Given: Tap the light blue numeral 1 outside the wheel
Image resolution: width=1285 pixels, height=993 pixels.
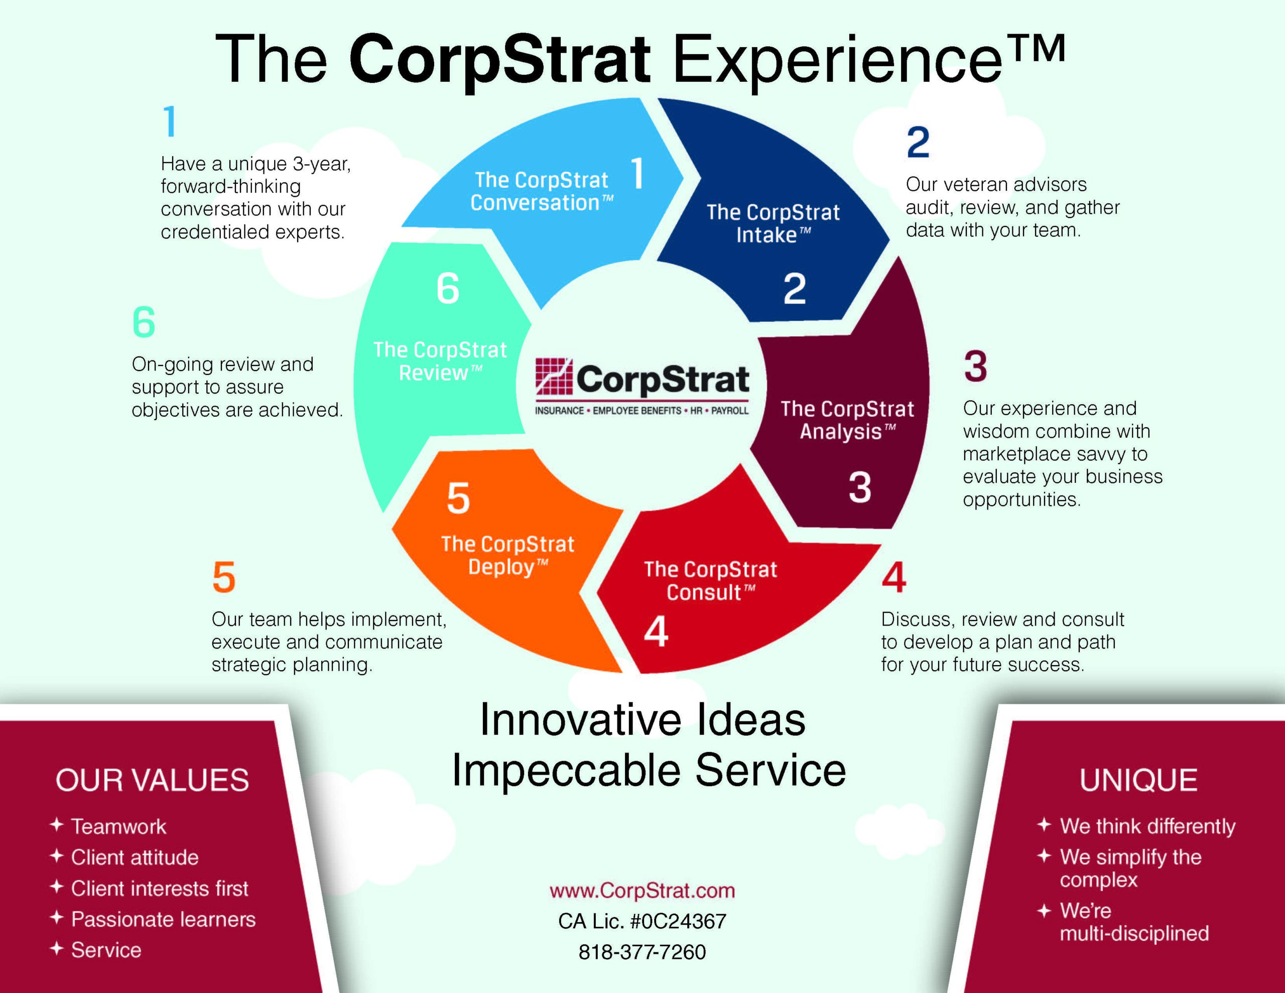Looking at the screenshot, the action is pyautogui.click(x=170, y=121).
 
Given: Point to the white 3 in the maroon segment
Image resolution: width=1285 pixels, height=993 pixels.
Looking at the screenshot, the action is pyautogui.click(x=860, y=487).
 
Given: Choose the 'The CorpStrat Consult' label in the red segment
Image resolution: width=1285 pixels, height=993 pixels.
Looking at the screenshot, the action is pyautogui.click(x=710, y=580).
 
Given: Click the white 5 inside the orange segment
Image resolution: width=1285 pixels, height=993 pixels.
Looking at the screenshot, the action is pyautogui.click(x=458, y=499).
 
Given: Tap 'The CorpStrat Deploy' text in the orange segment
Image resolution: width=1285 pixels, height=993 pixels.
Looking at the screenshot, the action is pyautogui.click(x=508, y=556).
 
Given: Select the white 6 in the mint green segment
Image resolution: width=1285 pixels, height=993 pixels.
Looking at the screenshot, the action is pyautogui.click(x=448, y=289).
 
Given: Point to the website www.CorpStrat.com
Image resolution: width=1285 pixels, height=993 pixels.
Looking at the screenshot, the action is pyautogui.click(x=642, y=891).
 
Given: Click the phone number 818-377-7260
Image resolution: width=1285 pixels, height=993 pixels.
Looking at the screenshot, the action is pyautogui.click(x=642, y=952).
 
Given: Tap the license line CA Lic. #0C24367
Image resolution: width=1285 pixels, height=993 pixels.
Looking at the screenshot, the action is pyautogui.click(x=642, y=921).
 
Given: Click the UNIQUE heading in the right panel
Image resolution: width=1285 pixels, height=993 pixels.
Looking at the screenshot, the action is pyautogui.click(x=1138, y=780).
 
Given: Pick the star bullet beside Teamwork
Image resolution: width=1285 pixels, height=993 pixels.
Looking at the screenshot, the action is pyautogui.click(x=57, y=825).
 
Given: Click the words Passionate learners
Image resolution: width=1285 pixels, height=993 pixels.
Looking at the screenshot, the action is pyautogui.click(x=164, y=919).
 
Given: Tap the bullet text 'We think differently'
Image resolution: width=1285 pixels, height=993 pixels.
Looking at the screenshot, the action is pyautogui.click(x=1148, y=826).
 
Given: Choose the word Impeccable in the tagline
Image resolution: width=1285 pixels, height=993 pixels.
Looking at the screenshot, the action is pyautogui.click(x=567, y=770).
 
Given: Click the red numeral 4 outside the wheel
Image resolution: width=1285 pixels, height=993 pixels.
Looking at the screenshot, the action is pyautogui.click(x=894, y=577).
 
